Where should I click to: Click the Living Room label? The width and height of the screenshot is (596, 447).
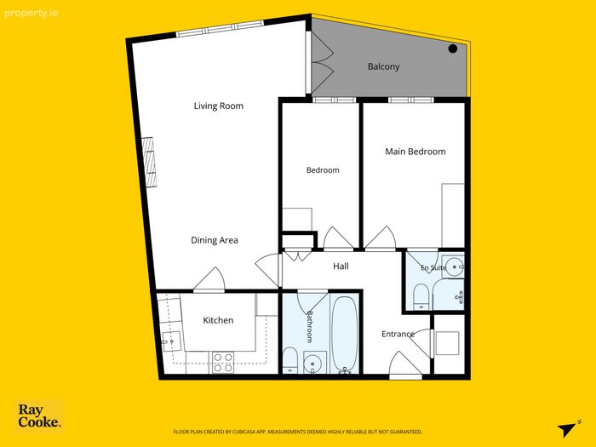219,106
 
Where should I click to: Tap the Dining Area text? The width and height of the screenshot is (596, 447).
215,240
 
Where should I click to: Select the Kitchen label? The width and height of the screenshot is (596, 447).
218,320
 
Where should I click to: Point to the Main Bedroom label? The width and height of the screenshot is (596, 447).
415,152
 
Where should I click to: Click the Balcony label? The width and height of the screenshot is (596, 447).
383,66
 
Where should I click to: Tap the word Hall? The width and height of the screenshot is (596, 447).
341,266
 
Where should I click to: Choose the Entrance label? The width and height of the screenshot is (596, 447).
398,334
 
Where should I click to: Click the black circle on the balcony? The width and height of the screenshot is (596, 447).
453,49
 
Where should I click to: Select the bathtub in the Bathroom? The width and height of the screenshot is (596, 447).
344,335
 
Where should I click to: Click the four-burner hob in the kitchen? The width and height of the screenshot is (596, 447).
223,363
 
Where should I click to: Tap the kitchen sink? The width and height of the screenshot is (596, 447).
171,341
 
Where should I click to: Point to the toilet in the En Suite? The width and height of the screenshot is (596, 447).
421,296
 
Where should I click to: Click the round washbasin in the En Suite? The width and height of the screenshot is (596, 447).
455,266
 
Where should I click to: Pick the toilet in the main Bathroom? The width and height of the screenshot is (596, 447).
290,360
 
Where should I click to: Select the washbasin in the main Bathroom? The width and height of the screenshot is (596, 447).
315,362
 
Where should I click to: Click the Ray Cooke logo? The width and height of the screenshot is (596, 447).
39,415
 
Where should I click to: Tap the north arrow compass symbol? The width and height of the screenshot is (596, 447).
569,429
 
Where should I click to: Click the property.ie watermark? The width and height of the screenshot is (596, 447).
32,14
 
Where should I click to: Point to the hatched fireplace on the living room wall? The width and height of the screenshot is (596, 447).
149,162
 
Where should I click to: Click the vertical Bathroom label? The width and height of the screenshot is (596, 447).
310,326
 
